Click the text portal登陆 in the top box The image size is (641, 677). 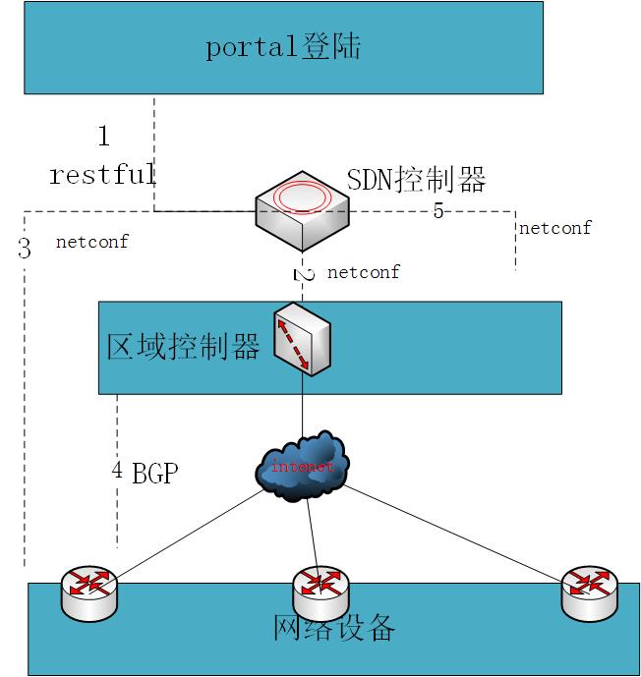283,47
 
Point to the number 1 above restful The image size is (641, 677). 104,136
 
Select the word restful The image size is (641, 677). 102,176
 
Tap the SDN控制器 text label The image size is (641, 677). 417,180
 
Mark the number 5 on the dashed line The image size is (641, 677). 438,211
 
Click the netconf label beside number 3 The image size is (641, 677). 92,241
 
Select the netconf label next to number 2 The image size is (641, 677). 363,272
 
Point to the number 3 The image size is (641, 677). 25,250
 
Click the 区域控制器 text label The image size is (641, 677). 183,347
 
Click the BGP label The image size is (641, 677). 155,474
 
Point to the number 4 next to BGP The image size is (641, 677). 117,471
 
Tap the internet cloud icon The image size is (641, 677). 304,465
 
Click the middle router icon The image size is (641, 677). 321,587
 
